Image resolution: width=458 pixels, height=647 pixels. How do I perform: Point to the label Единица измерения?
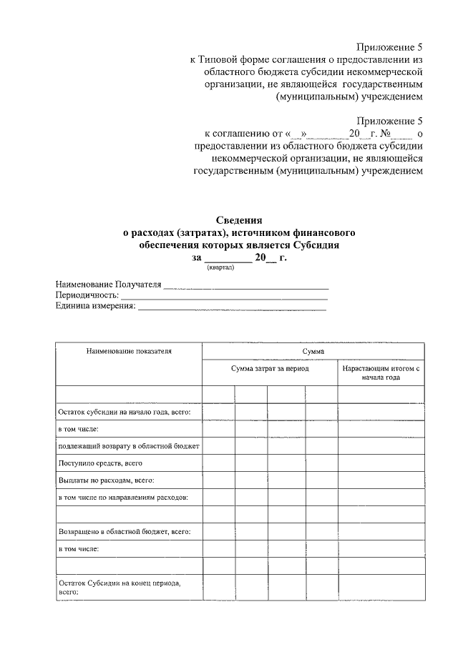pos(95,306)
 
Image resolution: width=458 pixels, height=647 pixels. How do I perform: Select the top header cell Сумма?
pos(313,351)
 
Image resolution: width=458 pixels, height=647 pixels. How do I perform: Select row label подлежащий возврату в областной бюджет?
pos(129,446)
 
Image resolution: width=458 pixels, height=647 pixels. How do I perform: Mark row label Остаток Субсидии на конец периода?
pos(119,588)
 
